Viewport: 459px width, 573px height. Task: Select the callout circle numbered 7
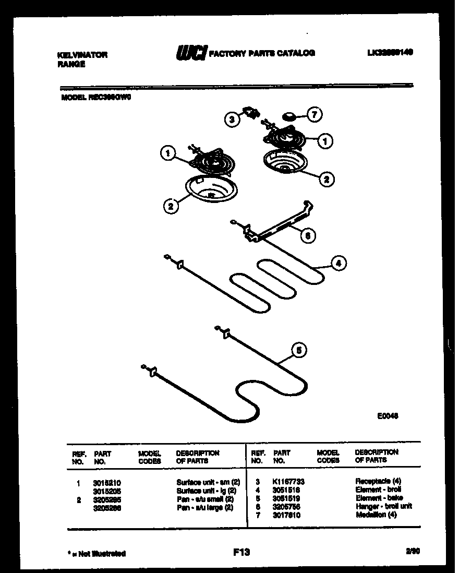coord(315,114)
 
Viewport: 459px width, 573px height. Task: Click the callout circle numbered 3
coord(232,120)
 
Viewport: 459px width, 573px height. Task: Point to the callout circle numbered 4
coord(338,264)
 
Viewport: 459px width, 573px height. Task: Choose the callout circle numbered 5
coord(298,351)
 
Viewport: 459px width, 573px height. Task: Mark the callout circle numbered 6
coord(307,236)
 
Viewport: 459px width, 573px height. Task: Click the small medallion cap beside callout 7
coord(288,115)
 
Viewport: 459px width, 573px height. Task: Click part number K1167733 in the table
coord(288,482)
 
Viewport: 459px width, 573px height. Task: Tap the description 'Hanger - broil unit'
coord(383,507)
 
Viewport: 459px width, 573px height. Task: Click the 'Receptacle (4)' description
coord(378,481)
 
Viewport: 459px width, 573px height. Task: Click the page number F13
coord(241,552)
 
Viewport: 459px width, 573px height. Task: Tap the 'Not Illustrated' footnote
coord(97,554)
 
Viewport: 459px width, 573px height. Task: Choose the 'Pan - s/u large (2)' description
coord(204,508)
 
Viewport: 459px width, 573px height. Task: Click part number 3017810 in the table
coord(286,516)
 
